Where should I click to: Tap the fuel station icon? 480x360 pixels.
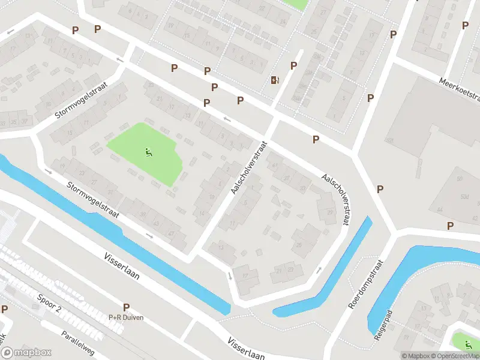[275, 80]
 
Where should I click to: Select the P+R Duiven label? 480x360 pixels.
[126, 317]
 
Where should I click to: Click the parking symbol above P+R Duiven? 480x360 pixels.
[126, 307]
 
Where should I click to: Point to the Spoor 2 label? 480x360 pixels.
[49, 304]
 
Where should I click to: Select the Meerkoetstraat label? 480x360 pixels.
[460, 89]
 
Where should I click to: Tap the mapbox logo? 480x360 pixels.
[26, 352]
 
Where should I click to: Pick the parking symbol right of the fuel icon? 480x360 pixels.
[293, 66]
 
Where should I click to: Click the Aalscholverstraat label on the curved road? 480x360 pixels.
[336, 199]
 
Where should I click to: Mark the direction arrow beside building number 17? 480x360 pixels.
[230, 275]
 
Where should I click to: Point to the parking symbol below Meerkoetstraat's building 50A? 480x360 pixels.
[450, 226]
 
